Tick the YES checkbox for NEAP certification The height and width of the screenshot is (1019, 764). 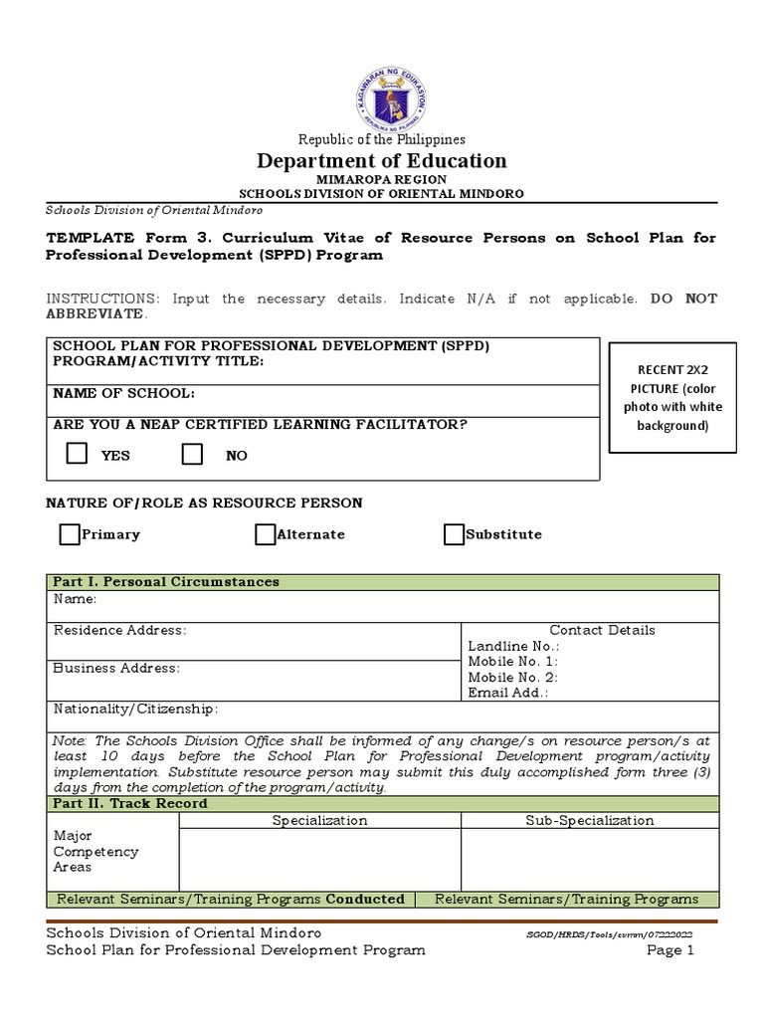click(77, 455)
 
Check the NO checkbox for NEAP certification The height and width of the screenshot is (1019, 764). click(193, 455)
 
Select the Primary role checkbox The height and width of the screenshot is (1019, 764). click(69, 535)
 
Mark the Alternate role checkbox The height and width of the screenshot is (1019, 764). click(265, 535)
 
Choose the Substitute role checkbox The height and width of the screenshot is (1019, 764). click(454, 535)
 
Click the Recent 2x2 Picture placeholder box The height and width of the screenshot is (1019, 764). click(665, 397)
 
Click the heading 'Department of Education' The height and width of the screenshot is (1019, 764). click(382, 160)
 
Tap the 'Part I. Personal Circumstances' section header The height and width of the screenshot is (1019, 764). click(166, 581)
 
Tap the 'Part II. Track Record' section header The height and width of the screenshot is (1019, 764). click(130, 803)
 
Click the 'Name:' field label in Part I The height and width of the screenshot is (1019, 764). click(75, 599)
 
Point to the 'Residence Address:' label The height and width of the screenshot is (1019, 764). click(119, 630)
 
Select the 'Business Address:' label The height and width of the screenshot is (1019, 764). click(116, 668)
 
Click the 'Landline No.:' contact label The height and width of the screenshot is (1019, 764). click(499, 646)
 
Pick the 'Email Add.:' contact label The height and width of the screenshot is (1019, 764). click(507, 693)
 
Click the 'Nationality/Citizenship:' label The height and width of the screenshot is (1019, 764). click(135, 709)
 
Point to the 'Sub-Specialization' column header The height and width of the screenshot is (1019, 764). click(589, 820)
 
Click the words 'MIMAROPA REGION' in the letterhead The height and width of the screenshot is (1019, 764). click(382, 179)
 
